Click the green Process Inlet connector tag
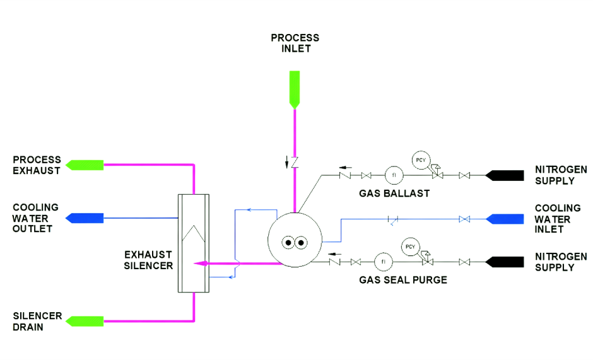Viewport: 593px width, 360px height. [x=294, y=88]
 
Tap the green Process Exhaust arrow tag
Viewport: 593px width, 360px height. [x=86, y=165]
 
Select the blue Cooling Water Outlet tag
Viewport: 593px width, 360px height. [x=86, y=218]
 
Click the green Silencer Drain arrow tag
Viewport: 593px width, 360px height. [x=86, y=321]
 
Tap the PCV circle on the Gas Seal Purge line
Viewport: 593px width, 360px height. [x=411, y=246]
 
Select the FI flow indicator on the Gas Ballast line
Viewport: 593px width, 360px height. [x=394, y=175]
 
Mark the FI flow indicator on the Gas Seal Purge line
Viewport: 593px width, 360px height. [x=383, y=261]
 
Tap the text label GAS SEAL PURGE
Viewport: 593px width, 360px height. [x=403, y=280]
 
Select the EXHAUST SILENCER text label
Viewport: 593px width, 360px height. [x=148, y=260]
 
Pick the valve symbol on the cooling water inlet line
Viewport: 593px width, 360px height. [x=464, y=219]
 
